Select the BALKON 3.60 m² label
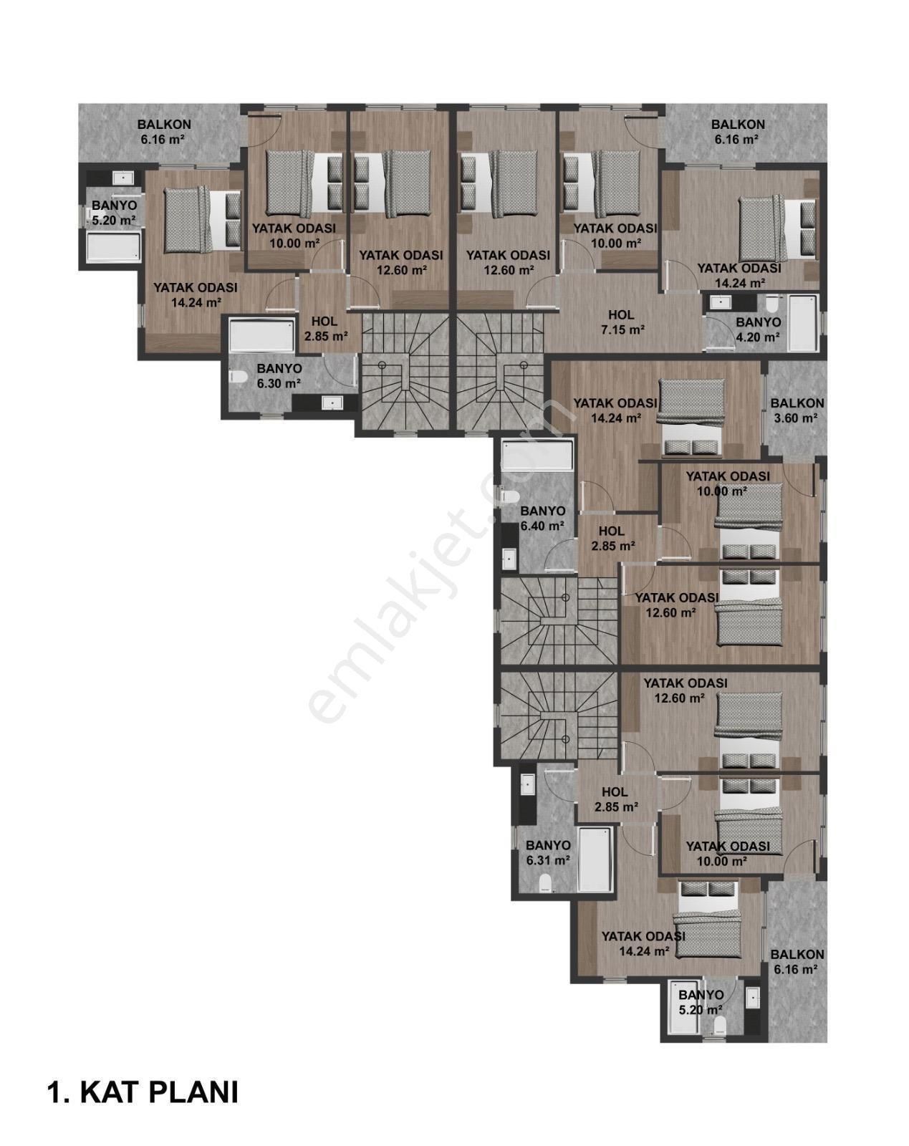pos(797,411)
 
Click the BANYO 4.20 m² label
pos(758,330)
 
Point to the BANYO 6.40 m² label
pos(542,519)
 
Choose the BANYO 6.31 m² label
pos(548,853)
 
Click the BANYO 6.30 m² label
pos(279,376)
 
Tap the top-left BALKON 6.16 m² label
pos(164,132)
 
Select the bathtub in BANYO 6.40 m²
pos(537,456)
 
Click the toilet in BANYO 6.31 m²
pos(545,882)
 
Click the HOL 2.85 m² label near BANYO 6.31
pos(615,799)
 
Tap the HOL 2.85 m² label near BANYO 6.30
pos(326,329)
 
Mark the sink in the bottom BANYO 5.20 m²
pos(751,997)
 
